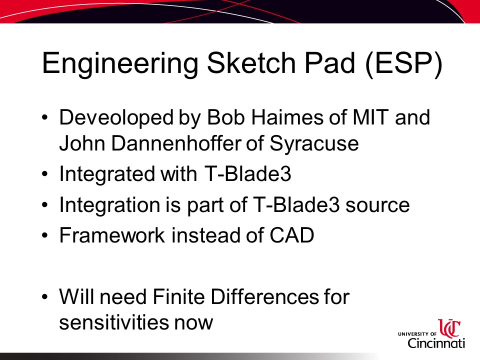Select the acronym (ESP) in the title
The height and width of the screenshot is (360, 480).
click(404, 63)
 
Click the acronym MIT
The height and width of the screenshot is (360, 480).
click(370, 117)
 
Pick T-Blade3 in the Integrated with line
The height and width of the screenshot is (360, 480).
click(247, 173)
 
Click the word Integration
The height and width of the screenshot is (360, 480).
click(109, 205)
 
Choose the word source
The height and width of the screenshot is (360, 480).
click(377, 205)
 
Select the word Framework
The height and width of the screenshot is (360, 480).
click(112, 235)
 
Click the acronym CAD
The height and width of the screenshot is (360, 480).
click(291, 235)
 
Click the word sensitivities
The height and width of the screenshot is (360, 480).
click(113, 322)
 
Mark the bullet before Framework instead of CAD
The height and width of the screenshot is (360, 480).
click(45, 235)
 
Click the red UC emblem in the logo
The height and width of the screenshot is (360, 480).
click(449, 328)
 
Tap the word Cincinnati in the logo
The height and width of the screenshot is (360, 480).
click(436, 343)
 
